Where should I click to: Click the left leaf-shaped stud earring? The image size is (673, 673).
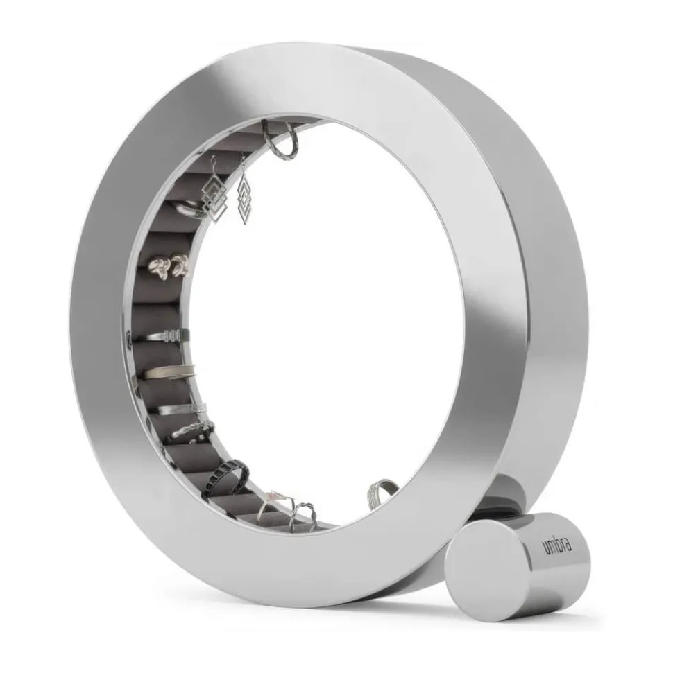[x=158, y=267]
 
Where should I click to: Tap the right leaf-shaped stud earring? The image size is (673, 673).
[x=180, y=264]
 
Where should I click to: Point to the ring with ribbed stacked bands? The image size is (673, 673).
[x=158, y=335]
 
